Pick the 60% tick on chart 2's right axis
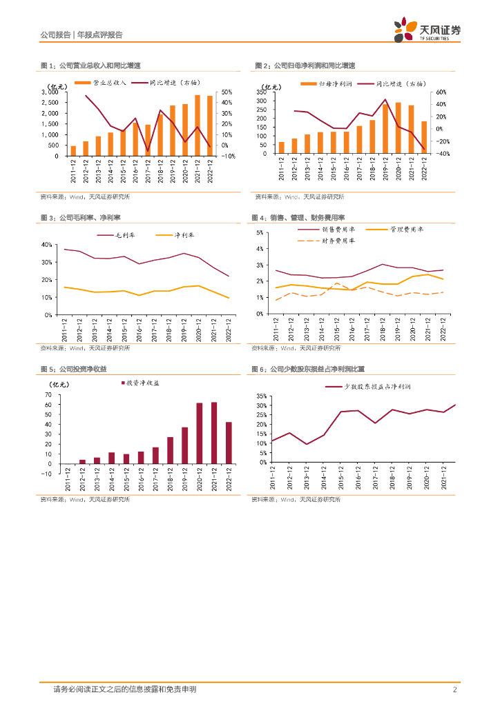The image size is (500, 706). (x=442, y=92)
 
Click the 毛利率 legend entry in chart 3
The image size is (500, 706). (x=130, y=236)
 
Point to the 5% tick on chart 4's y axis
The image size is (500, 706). (x=260, y=232)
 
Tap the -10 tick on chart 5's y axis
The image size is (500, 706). (x=47, y=474)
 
